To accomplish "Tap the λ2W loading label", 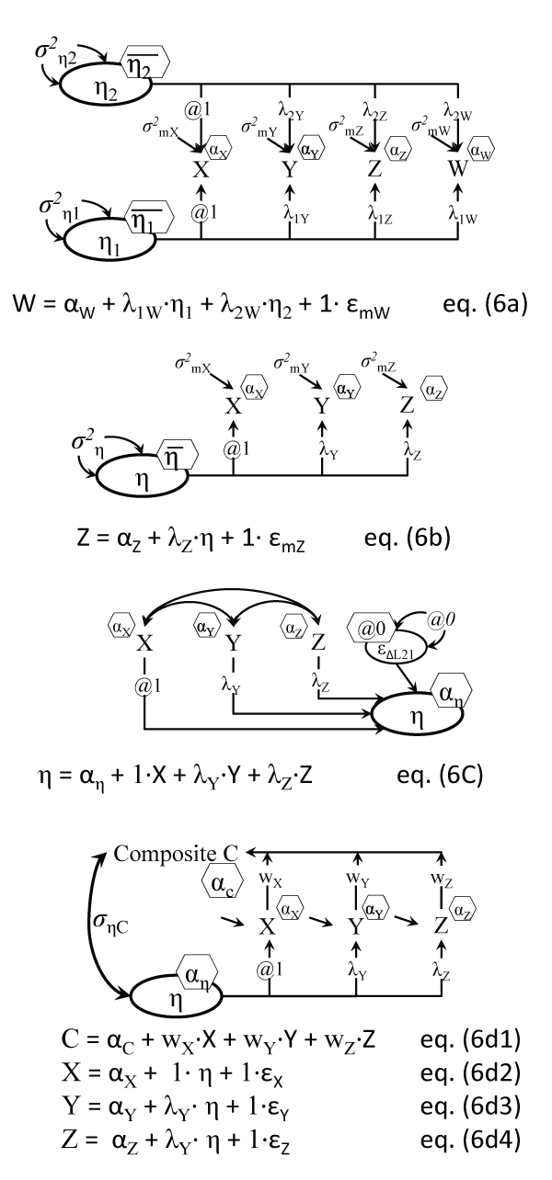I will point(459,111).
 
